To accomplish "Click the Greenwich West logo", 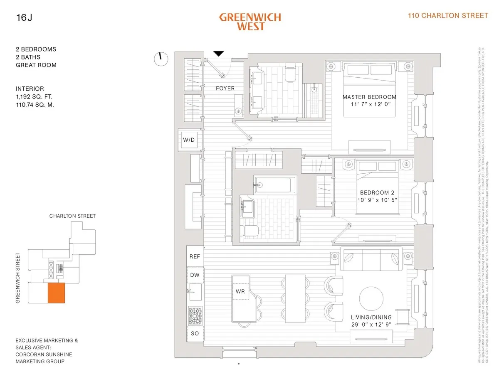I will [x=250, y=22].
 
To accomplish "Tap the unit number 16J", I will [x=24, y=17].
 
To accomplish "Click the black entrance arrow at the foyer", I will [x=218, y=54].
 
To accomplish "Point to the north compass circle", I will [x=161, y=59].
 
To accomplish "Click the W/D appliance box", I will [x=189, y=140].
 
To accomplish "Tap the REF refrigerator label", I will [x=195, y=256].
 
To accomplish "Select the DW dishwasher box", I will [x=195, y=275].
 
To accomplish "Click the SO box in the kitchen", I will [x=195, y=333].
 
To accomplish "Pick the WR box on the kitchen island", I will [x=240, y=291].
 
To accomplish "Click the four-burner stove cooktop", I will [x=195, y=315].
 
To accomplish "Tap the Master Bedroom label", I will [x=369, y=97].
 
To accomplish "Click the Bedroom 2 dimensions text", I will [x=377, y=200].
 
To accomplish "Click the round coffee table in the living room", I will [x=371, y=298].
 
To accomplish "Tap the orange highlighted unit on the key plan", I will [x=57, y=293].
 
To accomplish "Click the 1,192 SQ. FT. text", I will [x=34, y=97].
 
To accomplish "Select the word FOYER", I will [x=225, y=89].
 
